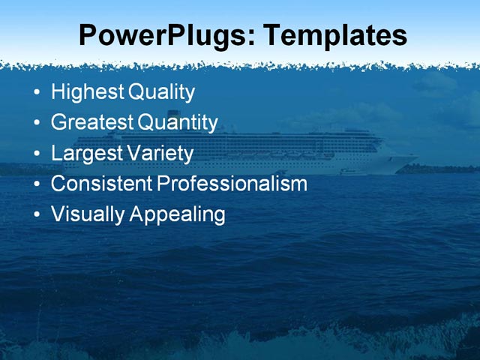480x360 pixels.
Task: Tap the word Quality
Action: [162, 93]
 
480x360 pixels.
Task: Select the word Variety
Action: [158, 154]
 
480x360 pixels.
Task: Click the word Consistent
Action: [101, 184]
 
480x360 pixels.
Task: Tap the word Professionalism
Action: [232, 184]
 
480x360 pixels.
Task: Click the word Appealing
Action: [178, 214]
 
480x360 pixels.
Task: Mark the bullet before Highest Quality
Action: [37, 94]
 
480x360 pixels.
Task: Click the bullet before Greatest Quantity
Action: [37, 124]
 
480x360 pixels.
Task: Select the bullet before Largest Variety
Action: [37, 154]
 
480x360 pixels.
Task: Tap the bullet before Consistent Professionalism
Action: [37, 184]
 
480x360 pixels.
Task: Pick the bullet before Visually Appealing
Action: [37, 215]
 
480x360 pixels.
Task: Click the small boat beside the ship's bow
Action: [352, 172]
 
